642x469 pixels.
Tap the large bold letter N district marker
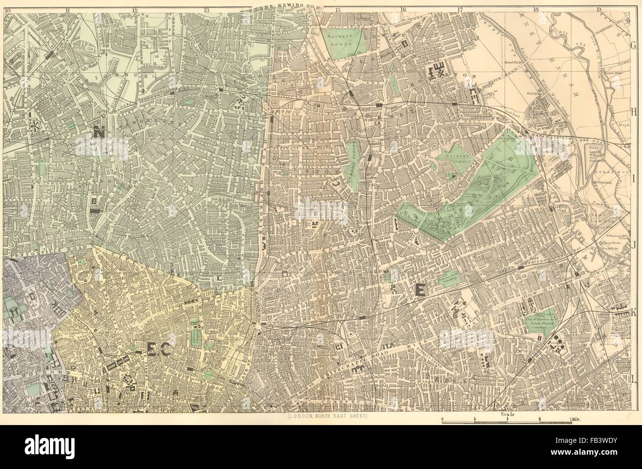point(99,131)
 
